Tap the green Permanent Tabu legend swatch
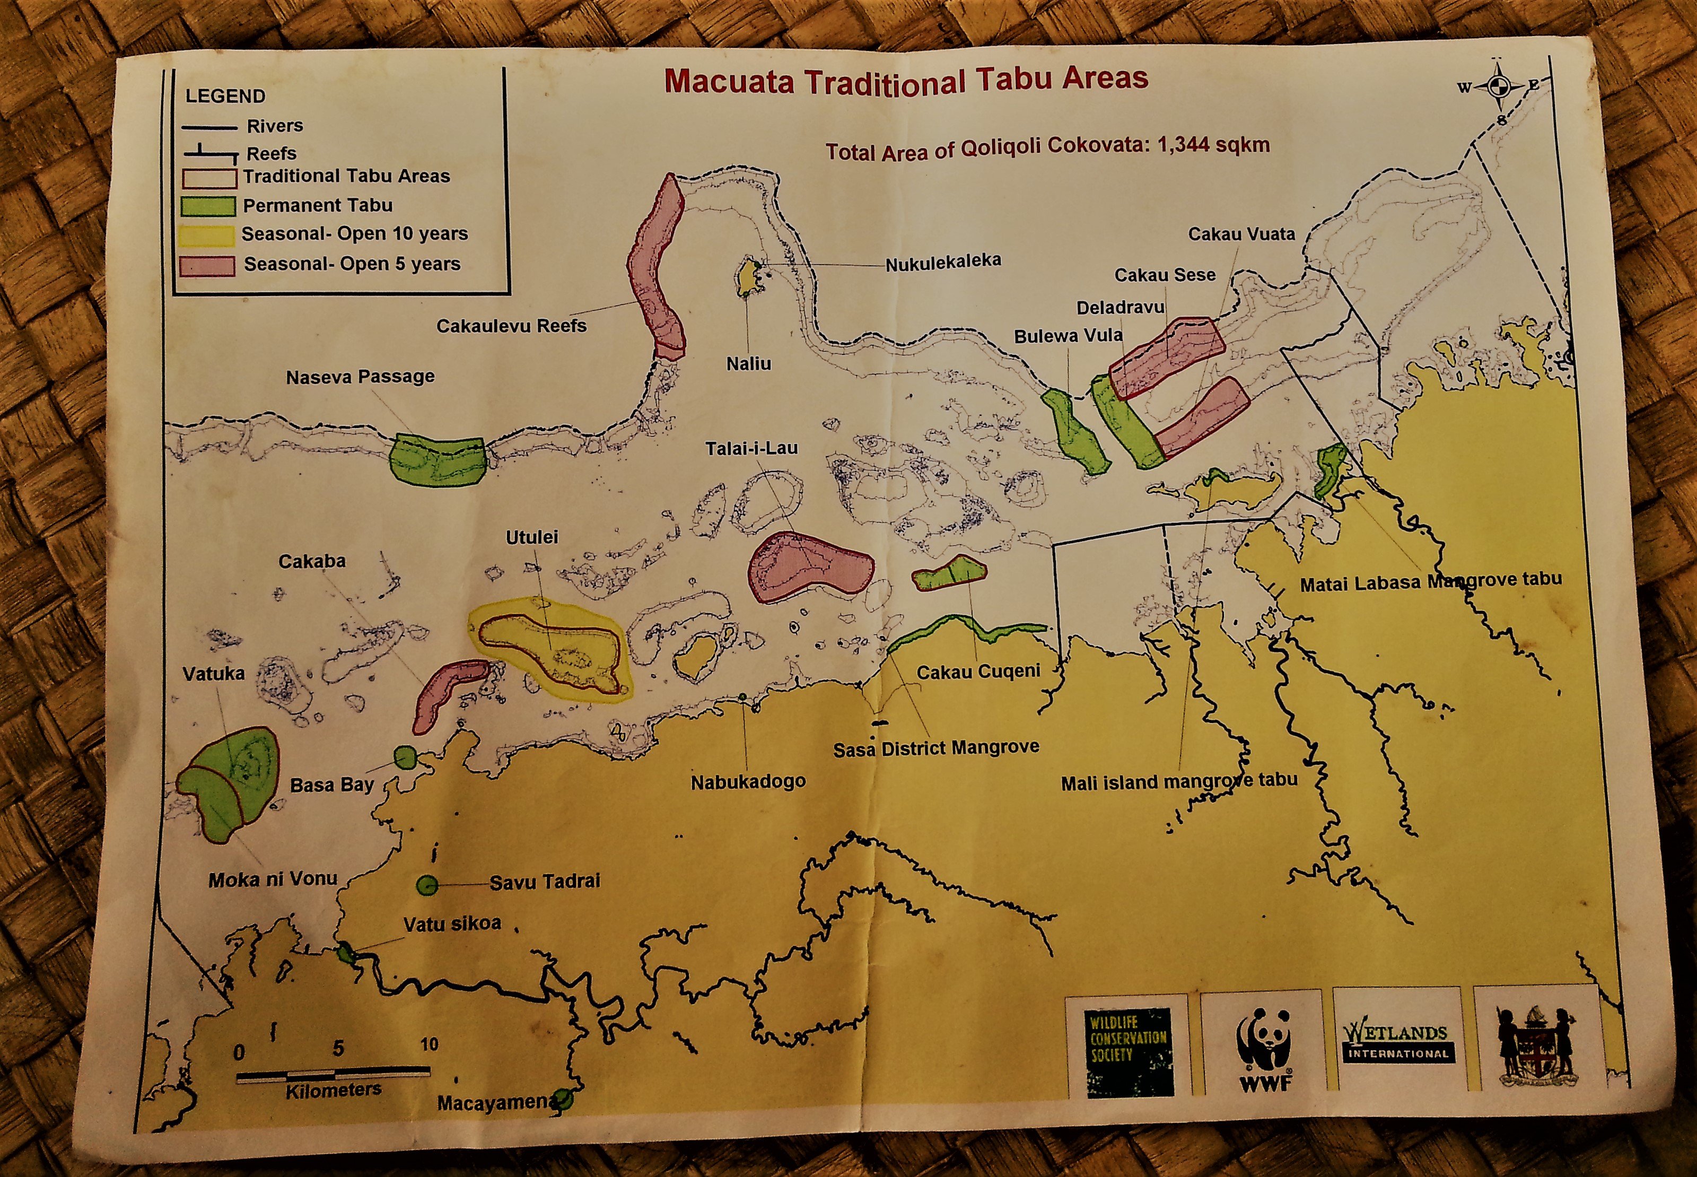(x=208, y=206)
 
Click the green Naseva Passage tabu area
(x=437, y=461)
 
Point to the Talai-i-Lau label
(x=751, y=448)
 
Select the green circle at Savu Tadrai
(x=427, y=885)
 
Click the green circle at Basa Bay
(x=405, y=756)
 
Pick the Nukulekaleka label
(x=943, y=262)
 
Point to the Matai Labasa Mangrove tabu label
(x=1430, y=582)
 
